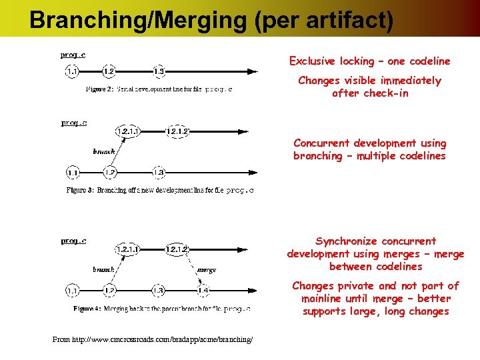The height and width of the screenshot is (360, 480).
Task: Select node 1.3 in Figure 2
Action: [x=159, y=71]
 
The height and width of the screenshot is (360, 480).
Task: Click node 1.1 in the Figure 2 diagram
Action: [x=73, y=71]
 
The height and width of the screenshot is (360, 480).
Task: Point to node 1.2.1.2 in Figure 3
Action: [x=177, y=131]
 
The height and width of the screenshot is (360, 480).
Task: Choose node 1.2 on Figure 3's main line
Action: [x=110, y=173]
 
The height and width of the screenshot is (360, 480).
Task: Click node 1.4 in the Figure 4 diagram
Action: [x=203, y=291]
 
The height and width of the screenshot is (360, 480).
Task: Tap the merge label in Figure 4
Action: [x=207, y=270]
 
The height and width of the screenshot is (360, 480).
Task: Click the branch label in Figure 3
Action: [x=104, y=152]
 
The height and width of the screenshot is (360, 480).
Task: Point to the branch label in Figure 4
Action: [x=104, y=270]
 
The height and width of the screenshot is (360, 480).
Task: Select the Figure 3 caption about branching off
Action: [x=161, y=190]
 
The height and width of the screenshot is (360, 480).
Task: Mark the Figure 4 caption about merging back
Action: [x=162, y=309]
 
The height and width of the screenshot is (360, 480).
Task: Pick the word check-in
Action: [x=386, y=93]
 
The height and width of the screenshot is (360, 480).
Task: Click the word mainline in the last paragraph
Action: [x=323, y=299]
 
